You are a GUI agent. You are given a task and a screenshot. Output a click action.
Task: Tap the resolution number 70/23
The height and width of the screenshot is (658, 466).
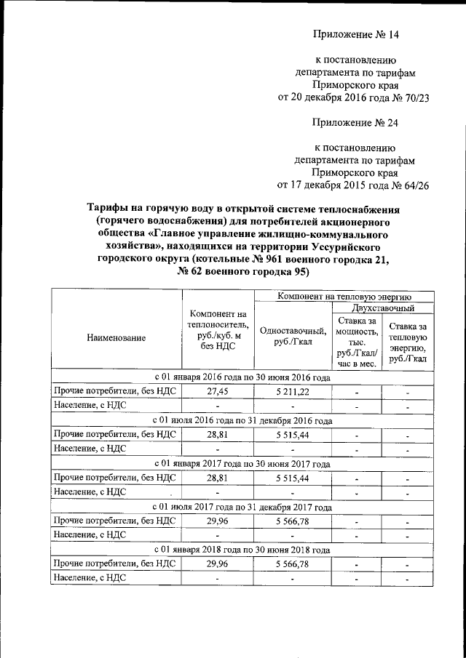click(x=406, y=100)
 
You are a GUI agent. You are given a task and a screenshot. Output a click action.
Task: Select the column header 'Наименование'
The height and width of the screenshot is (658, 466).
click(x=116, y=337)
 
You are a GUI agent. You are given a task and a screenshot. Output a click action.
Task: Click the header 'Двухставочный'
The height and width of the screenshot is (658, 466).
click(x=377, y=308)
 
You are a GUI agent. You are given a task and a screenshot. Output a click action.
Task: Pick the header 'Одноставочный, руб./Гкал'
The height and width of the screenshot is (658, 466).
click(x=290, y=337)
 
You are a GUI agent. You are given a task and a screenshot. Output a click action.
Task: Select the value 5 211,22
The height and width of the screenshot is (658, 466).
click(x=290, y=392)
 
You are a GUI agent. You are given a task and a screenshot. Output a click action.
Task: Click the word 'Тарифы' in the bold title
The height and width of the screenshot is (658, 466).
click(x=108, y=209)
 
